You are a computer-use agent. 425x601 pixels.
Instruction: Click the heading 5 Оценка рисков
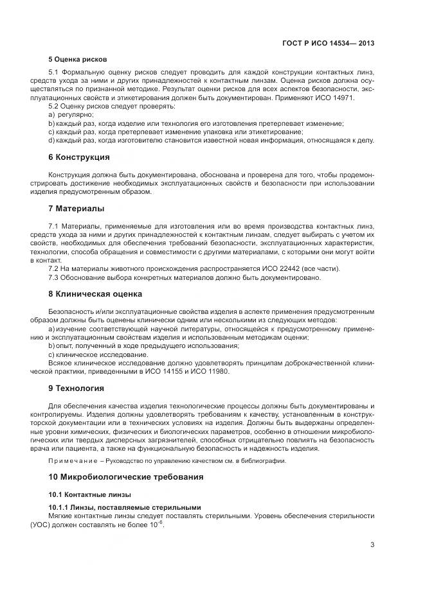78,59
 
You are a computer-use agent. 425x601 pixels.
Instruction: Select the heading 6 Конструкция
79,157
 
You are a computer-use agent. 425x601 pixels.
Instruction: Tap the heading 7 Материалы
77,209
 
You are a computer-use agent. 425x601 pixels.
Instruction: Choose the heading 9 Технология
77,388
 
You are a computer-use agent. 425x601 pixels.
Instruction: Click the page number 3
372,545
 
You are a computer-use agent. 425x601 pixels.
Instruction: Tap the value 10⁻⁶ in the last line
158,524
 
